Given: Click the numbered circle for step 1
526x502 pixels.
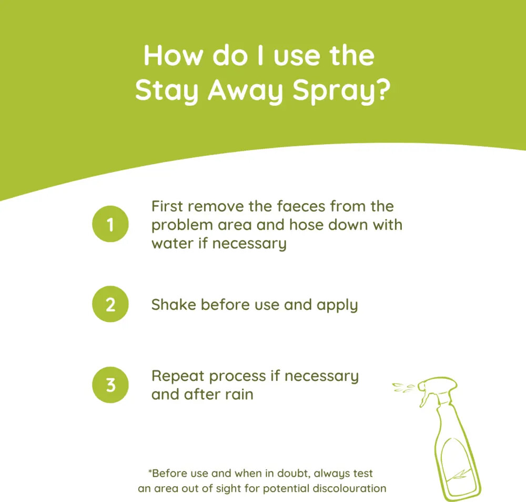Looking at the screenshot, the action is pyautogui.click(x=110, y=224).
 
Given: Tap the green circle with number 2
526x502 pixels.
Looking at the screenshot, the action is pyautogui.click(x=110, y=304).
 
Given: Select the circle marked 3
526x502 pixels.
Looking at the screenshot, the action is pyautogui.click(x=110, y=385).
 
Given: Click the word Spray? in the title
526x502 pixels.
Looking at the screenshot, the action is pyautogui.click(x=341, y=91).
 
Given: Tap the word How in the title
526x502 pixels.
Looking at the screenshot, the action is pyautogui.click(x=173, y=55).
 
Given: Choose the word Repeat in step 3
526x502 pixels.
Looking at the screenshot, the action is pyautogui.click(x=178, y=377).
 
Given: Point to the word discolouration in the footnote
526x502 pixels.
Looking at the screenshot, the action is pyautogui.click(x=349, y=488).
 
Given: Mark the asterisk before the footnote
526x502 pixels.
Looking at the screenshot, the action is pyautogui.click(x=150, y=470).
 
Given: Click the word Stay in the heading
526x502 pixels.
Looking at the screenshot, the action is pyautogui.click(x=166, y=91).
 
